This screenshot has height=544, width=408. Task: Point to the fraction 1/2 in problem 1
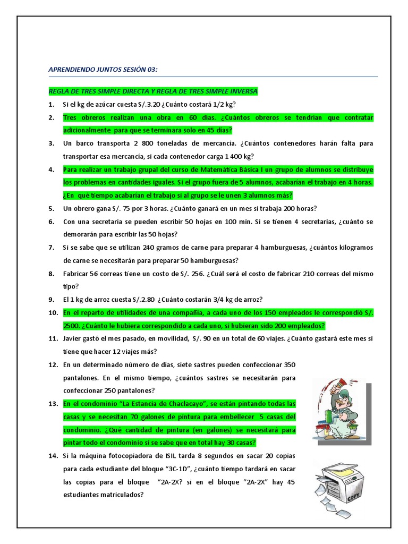(224, 104)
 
